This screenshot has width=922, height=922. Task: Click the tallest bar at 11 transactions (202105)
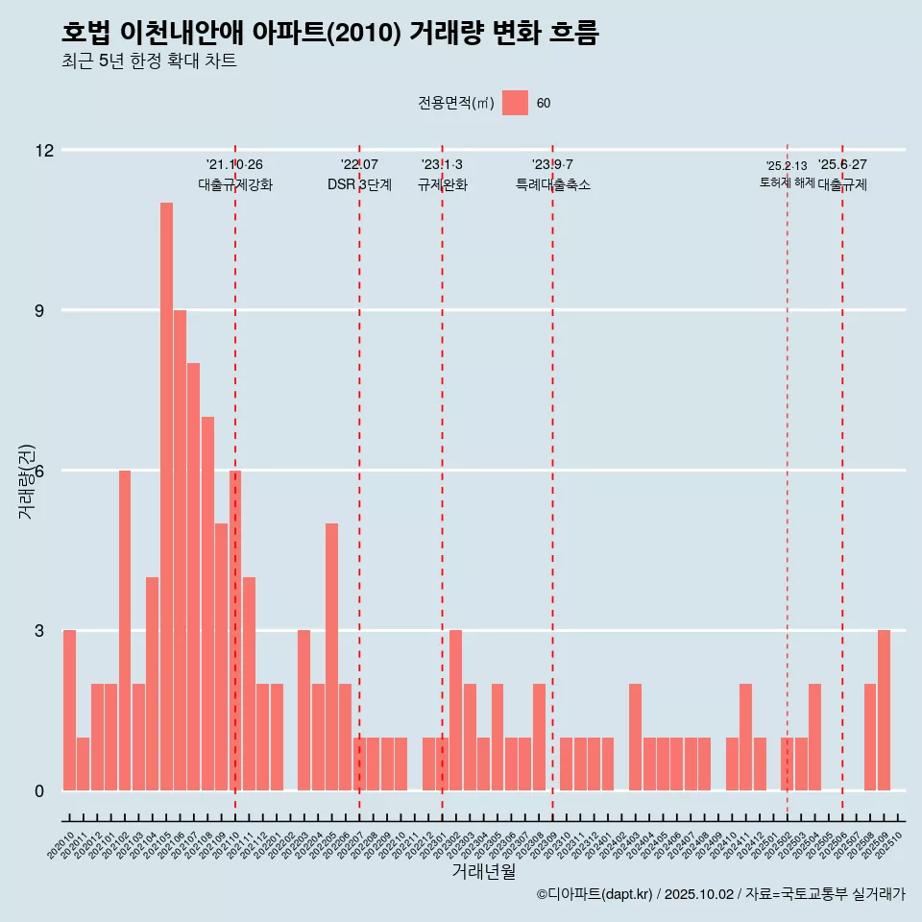click(x=166, y=497)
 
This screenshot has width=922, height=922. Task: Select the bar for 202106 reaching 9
click(x=180, y=550)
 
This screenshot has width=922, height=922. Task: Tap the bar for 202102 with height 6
click(x=125, y=630)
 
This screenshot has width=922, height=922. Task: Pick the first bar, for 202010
click(x=69, y=711)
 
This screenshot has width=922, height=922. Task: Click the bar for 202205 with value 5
click(x=331, y=657)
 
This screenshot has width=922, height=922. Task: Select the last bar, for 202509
click(x=884, y=711)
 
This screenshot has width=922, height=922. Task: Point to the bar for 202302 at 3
click(x=455, y=711)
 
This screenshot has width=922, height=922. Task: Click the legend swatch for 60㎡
click(x=515, y=103)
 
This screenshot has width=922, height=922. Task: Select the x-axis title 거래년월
click(x=483, y=872)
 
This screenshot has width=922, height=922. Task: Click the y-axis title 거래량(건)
click(x=27, y=481)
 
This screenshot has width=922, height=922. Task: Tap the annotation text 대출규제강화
click(x=235, y=184)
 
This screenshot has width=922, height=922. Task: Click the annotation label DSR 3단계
click(x=359, y=184)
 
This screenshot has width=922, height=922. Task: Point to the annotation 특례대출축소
click(x=552, y=184)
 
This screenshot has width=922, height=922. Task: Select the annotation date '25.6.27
click(x=842, y=165)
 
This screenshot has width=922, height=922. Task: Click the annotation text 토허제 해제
click(x=787, y=182)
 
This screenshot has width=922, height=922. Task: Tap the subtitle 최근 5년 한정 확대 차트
click(x=149, y=61)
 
